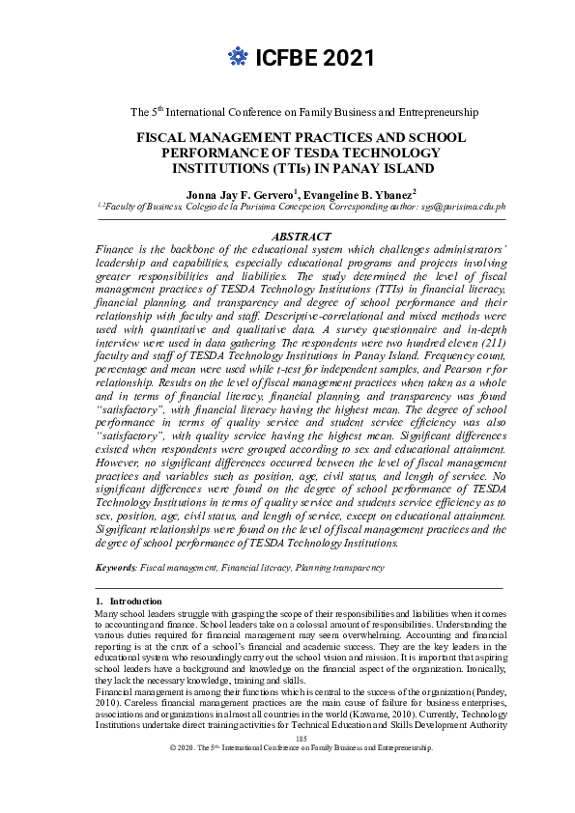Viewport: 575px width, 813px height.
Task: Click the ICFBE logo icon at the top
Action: click(238, 59)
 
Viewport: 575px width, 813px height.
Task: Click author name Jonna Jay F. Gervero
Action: click(246, 192)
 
